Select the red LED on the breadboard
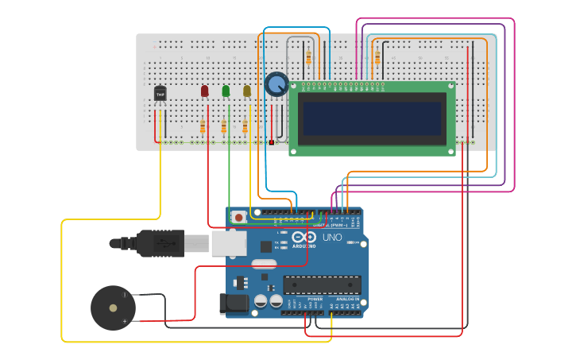pos(204,91)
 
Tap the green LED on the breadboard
pos(226,91)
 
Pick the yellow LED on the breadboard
pos(246,91)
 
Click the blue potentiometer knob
pos(276,83)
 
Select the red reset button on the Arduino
pos(239,216)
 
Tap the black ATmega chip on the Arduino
pos(322,285)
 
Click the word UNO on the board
pos(331,238)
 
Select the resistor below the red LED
pos(203,126)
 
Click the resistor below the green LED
pos(224,126)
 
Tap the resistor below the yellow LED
pos(245,126)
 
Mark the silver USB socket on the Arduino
pos(229,243)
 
